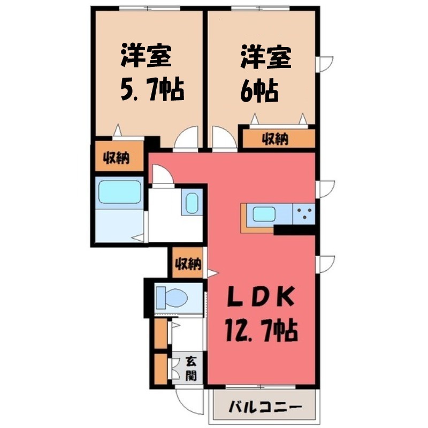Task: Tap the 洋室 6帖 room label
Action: point(261,75)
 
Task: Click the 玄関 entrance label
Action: point(190,369)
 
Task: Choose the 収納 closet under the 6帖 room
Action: point(276,139)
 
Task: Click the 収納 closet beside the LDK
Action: point(187,263)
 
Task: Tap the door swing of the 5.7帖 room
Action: point(187,140)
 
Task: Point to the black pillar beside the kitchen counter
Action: point(294,230)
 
